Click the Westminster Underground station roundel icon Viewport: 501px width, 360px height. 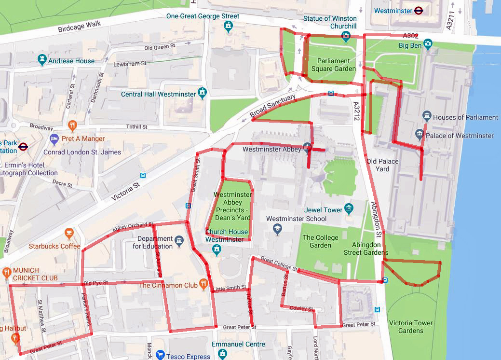pyautogui.click(x=418, y=10)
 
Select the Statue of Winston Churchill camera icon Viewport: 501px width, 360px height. pyautogui.click(x=345, y=36)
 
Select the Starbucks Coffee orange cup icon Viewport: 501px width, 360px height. pyautogui.click(x=69, y=234)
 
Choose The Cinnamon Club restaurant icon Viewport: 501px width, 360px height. pyautogui.click(x=204, y=285)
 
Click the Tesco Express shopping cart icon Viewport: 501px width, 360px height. pyautogui.click(x=161, y=356)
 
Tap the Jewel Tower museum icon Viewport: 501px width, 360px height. pyautogui.click(x=349, y=209)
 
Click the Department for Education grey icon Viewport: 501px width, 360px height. pyautogui.click(x=179, y=241)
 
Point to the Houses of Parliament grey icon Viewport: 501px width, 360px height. pyautogui.click(x=426, y=116)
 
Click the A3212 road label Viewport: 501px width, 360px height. pyautogui.click(x=356, y=114)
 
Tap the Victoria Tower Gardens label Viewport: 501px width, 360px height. pyautogui.click(x=411, y=327)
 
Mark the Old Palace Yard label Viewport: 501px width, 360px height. pyautogui.click(x=382, y=165)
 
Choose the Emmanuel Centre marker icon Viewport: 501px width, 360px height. pyautogui.click(x=222, y=355)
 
